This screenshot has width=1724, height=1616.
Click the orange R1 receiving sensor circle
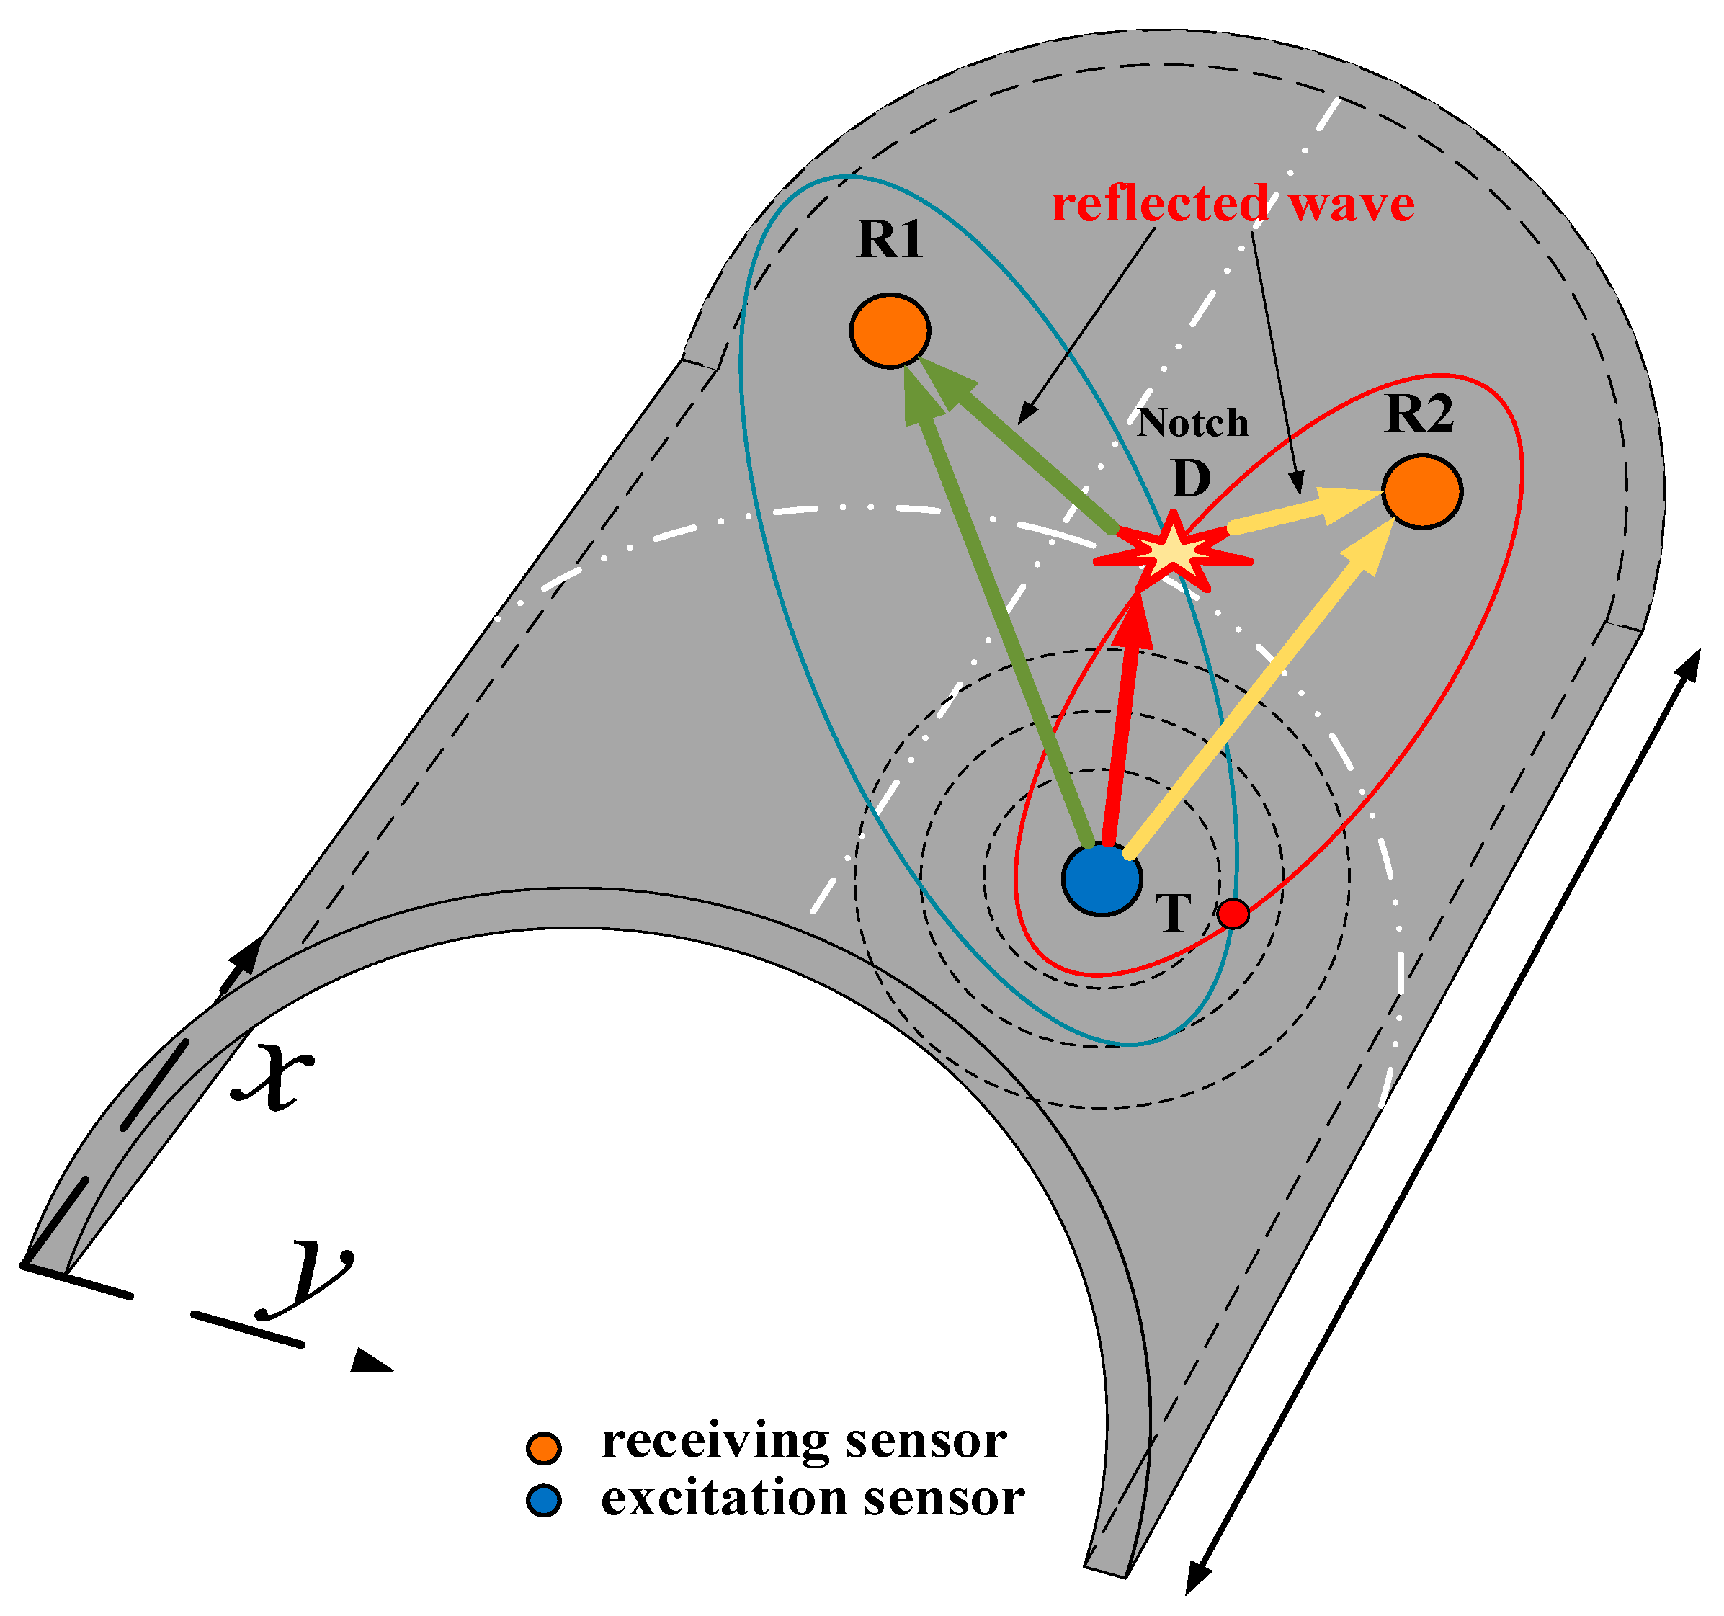pos(890,331)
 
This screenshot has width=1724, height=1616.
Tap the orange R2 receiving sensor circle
pos(1422,491)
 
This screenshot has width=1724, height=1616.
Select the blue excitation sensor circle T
pos(1102,879)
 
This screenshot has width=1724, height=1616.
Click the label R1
pos(889,239)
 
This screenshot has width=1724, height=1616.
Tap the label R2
pos(1419,414)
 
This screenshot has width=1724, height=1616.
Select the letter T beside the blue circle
pos(1174,914)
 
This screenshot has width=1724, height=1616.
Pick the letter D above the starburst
pos(1191,478)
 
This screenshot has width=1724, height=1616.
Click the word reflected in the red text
pos(1161,205)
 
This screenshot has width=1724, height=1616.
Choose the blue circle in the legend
pos(544,1501)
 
